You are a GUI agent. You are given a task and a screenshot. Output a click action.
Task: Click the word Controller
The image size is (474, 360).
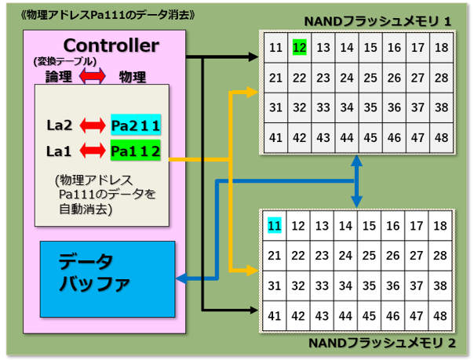tap(111, 45)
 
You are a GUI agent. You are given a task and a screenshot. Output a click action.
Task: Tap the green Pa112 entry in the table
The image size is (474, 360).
tap(136, 151)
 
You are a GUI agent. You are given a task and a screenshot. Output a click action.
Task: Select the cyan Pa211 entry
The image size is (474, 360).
tap(136, 125)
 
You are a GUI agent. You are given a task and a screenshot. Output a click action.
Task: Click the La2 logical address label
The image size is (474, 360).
tap(60, 125)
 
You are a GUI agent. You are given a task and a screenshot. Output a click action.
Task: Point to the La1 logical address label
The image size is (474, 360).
tap(59, 151)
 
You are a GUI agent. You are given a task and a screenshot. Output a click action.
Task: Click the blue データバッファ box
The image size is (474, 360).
tap(108, 279)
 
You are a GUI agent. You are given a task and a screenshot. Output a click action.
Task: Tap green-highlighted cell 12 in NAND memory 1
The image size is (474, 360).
tap(300, 47)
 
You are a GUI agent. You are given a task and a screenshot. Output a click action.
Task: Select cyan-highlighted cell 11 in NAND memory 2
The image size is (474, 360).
tap(275, 225)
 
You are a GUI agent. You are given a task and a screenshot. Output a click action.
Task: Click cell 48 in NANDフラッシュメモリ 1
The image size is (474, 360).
tap(441, 138)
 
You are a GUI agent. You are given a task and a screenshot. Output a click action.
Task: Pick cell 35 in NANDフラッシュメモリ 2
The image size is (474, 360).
tap(369, 285)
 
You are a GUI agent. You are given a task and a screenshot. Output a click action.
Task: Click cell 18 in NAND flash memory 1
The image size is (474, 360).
tap(441, 47)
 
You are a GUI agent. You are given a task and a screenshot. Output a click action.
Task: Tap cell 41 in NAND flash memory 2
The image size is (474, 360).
tap(275, 316)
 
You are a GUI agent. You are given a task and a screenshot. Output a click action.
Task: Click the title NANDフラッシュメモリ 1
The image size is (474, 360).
tap(377, 21)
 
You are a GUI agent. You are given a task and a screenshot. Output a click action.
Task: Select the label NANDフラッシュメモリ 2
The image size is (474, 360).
tap(382, 343)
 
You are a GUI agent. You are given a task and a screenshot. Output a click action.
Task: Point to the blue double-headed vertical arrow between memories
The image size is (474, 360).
tap(357, 181)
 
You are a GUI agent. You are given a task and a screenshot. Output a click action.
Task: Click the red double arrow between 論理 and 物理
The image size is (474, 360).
tap(93, 76)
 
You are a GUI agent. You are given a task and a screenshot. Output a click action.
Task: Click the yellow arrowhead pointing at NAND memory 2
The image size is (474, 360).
tap(253, 270)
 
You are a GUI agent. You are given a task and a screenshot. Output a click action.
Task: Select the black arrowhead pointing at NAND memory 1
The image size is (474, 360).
tap(253, 56)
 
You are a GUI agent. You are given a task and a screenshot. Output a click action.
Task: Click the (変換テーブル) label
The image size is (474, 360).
tap(65, 61)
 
